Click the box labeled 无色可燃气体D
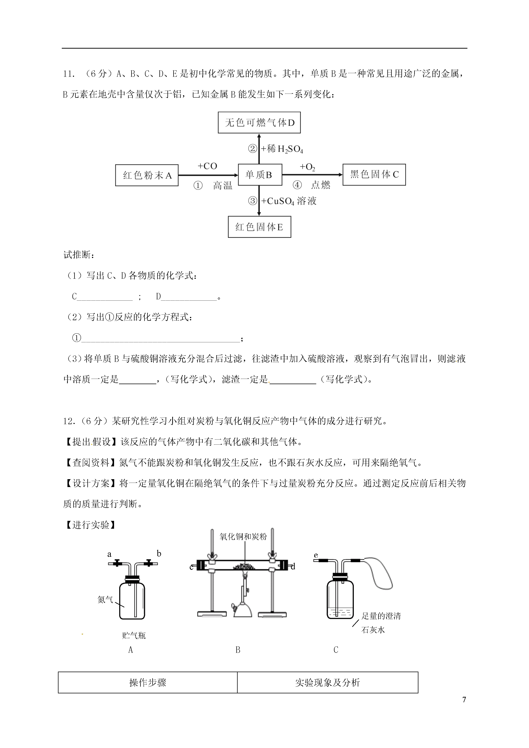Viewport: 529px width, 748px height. pyautogui.click(x=259, y=122)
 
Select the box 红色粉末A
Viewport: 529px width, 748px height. pyautogui.click(x=147, y=175)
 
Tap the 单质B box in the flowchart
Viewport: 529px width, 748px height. pyautogui.click(x=260, y=175)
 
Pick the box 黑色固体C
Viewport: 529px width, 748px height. pyautogui.click(x=374, y=175)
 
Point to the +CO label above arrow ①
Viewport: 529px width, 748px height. pyautogui.click(x=207, y=166)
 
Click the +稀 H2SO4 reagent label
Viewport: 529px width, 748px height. pyautogui.click(x=282, y=149)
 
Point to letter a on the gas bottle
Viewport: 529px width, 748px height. pyautogui.click(x=109, y=554)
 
